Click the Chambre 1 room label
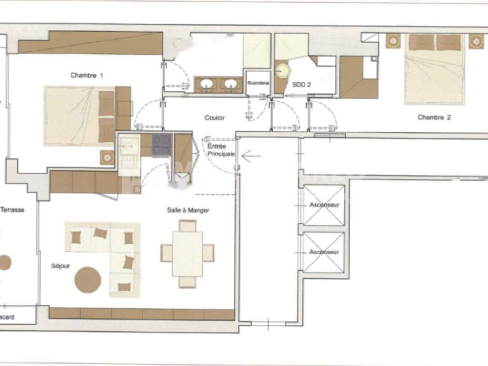[x=87, y=75]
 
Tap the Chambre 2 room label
[x=434, y=117]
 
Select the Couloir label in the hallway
[x=214, y=118]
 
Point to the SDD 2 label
[x=301, y=85]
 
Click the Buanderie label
[x=258, y=83]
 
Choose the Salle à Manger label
[x=188, y=210]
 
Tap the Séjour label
[x=61, y=266]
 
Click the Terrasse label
[x=12, y=210]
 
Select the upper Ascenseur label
[x=324, y=205]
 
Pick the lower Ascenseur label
[x=324, y=252]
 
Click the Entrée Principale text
[x=221, y=150]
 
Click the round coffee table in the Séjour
[x=88, y=280]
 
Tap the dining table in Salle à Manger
[x=187, y=254]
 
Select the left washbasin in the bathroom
[x=206, y=84]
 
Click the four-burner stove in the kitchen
[x=162, y=145]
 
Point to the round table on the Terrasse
[x=5, y=263]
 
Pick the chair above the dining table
[x=187, y=225]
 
